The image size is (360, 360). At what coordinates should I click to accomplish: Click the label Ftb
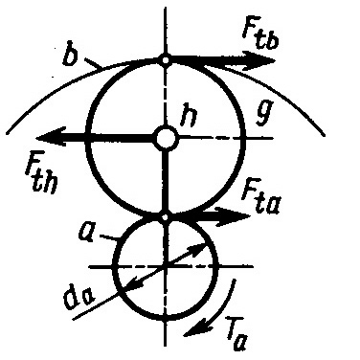click(x=261, y=34)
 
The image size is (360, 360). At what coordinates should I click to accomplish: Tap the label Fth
click(x=42, y=175)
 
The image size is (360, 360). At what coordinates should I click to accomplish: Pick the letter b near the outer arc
click(x=71, y=54)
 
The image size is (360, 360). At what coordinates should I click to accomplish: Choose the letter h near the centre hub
click(x=189, y=117)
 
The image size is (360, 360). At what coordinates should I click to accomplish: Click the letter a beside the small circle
click(x=87, y=233)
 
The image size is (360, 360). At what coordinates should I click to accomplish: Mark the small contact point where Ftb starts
click(x=166, y=59)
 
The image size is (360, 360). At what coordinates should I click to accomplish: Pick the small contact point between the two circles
click(x=165, y=217)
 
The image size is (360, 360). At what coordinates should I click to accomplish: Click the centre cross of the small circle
click(x=166, y=266)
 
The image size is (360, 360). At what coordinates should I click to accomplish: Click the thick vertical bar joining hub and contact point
click(x=165, y=182)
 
